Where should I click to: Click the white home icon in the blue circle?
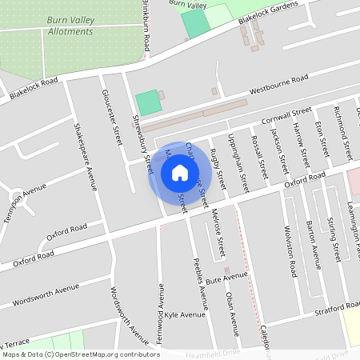[x=180, y=173]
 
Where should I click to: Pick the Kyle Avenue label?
[x=181, y=315]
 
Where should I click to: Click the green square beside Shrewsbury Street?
[x=147, y=102]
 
